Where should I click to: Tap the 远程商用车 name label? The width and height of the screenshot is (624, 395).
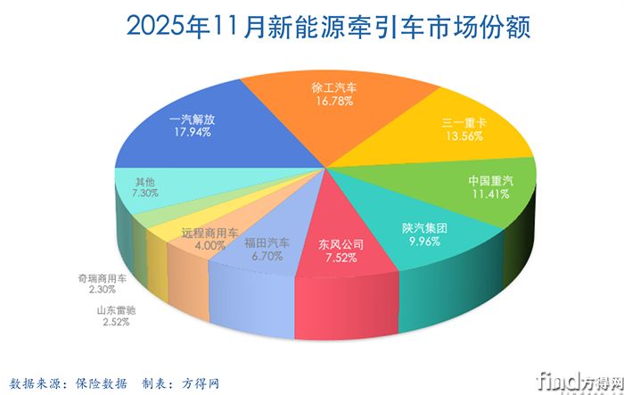click(209, 233)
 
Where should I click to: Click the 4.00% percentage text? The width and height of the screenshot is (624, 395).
click(209, 245)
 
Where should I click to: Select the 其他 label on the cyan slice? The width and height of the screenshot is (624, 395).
click(132, 179)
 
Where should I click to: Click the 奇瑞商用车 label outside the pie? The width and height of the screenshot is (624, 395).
click(103, 278)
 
